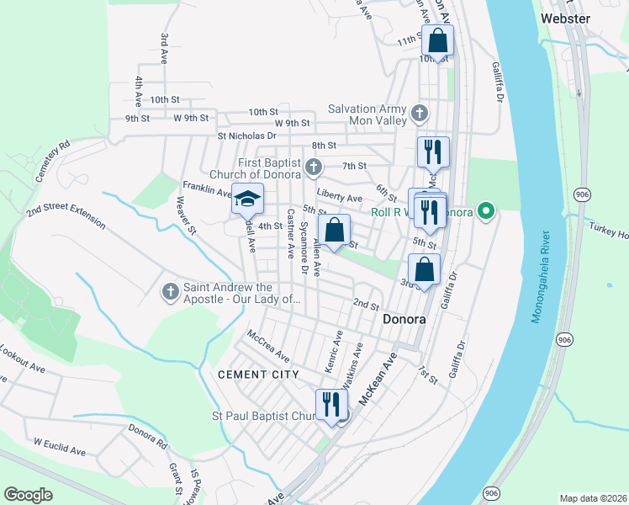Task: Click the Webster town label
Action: coord(566,18)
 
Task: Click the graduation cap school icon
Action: coord(247,199)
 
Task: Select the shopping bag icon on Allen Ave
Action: coord(335,229)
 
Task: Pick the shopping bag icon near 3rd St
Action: coord(425,269)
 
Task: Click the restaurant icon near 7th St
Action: coord(433,152)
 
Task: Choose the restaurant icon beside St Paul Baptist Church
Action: coord(331,403)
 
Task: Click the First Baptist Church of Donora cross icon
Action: coord(314,167)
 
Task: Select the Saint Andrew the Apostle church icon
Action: coord(170,292)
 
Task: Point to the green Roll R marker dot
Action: coord(484,211)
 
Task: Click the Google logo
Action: coord(28,495)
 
